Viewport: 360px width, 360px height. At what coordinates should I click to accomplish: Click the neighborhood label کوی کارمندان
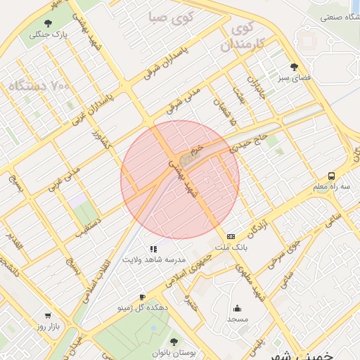pyautogui.click(x=242, y=37)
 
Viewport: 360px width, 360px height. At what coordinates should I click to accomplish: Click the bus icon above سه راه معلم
pyautogui.click(x=331, y=176)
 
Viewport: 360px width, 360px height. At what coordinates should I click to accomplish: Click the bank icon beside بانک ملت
pyautogui.click(x=231, y=237)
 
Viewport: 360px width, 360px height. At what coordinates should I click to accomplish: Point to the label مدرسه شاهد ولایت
pyautogui.click(x=154, y=260)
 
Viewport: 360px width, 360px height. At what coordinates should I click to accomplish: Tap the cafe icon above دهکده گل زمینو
pyautogui.click(x=143, y=297)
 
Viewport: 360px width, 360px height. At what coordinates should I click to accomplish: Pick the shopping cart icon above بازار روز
pyautogui.click(x=48, y=316)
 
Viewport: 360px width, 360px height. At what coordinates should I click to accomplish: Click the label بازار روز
pyautogui.click(x=48, y=328)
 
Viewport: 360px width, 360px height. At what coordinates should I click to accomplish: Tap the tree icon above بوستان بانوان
pyautogui.click(x=174, y=342)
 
